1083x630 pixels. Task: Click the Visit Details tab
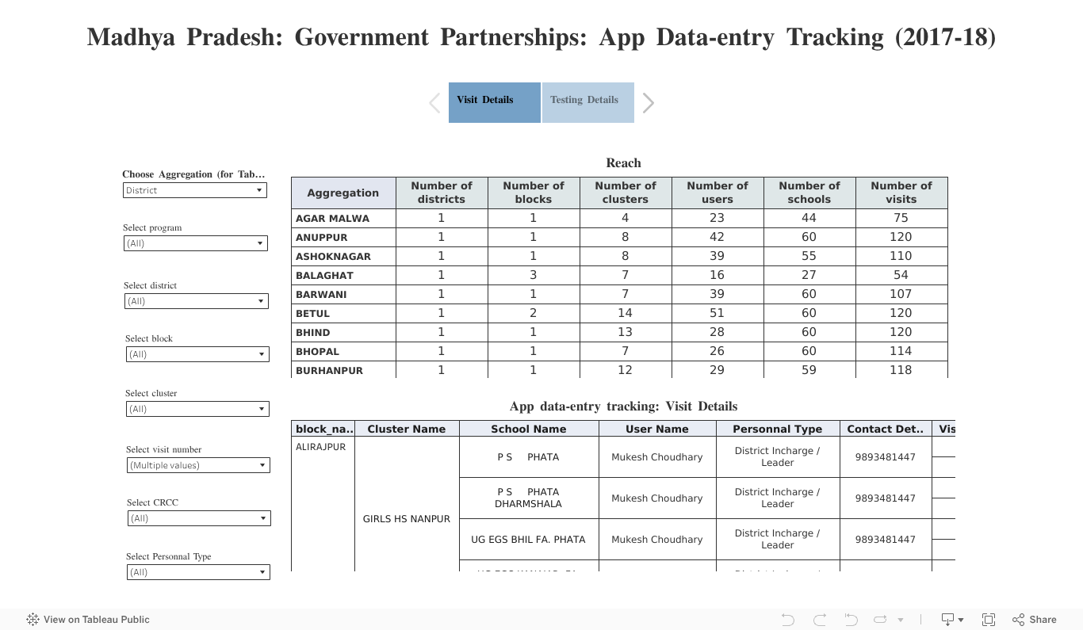pos(494,102)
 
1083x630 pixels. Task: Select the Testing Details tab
pos(587,102)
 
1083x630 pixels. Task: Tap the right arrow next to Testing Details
pos(649,103)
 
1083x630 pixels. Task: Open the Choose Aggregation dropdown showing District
pos(195,190)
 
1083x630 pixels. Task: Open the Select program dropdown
pos(196,243)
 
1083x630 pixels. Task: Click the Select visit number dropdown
pos(198,465)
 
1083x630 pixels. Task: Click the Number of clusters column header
pos(626,193)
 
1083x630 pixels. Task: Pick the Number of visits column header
pos(901,193)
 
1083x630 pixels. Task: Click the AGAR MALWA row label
pos(333,218)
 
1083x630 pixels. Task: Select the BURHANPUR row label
pos(330,370)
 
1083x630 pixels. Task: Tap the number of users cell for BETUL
pos(717,313)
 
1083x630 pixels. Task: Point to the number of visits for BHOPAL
pos(901,351)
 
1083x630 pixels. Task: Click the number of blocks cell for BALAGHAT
pos(533,275)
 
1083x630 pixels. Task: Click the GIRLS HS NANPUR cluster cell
pos(407,519)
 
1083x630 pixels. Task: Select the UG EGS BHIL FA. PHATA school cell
pos(528,540)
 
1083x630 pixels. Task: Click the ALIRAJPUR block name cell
pos(321,447)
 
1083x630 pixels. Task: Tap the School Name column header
pos(528,429)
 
